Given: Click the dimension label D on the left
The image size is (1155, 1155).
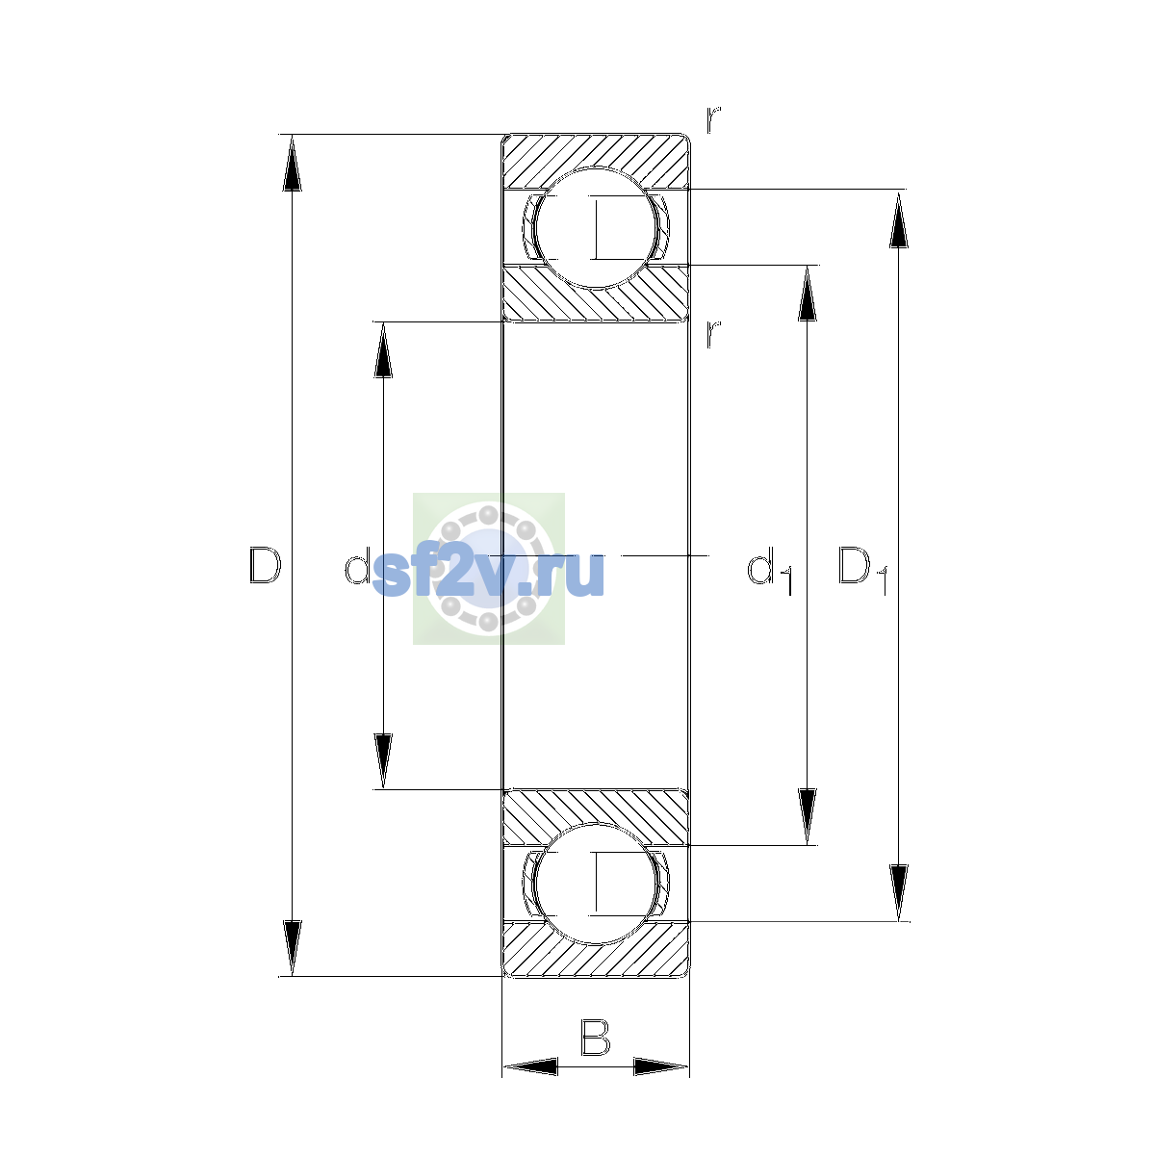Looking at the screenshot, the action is (265, 565).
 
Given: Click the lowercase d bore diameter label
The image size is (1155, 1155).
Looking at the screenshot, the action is (357, 565).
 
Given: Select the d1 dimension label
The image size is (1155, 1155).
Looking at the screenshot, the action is (770, 570).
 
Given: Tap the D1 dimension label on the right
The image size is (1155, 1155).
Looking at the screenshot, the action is (862, 570).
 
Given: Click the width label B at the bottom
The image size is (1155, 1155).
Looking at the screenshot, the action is (595, 1038).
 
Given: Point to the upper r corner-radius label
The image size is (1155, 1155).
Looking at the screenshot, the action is (712, 119).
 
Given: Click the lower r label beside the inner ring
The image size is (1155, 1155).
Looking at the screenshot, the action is (712, 334).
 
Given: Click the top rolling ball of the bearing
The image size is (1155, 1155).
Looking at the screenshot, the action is (596, 228).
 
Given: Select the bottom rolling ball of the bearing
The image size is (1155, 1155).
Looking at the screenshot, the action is (596, 884).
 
